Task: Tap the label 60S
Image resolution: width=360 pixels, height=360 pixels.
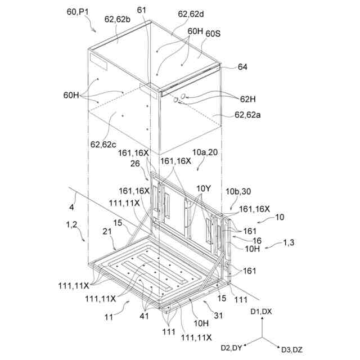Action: (x=213, y=34)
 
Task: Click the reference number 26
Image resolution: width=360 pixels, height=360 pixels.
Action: (x=134, y=164)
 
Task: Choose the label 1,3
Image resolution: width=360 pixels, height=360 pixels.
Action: (x=289, y=242)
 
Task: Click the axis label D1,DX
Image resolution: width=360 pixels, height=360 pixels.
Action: (x=261, y=311)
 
